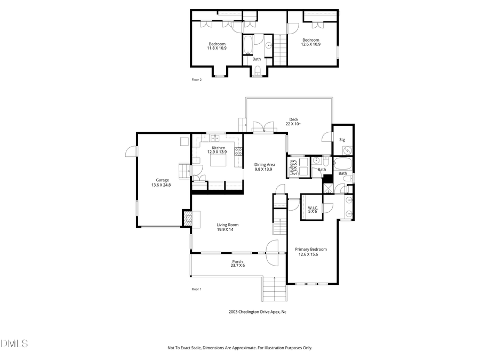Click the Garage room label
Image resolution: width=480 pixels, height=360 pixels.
pyautogui.click(x=162, y=180)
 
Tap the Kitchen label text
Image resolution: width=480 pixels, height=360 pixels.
pyautogui.click(x=219, y=148)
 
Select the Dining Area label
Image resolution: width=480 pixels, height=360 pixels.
pyautogui.click(x=265, y=165)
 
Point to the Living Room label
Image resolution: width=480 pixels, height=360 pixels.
pyautogui.click(x=227, y=225)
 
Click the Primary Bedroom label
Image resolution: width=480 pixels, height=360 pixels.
pyautogui.click(x=311, y=249)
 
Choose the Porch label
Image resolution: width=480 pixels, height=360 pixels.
pyautogui.click(x=237, y=261)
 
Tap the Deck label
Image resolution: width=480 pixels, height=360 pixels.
pyautogui.click(x=294, y=119)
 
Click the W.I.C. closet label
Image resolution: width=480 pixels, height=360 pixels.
pyautogui.click(x=313, y=207)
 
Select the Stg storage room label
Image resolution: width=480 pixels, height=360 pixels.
pyautogui.click(x=342, y=140)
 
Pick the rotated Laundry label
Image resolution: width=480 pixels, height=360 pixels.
pyautogui.click(x=292, y=166)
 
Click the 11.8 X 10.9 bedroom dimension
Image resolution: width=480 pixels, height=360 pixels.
pyautogui.click(x=217, y=48)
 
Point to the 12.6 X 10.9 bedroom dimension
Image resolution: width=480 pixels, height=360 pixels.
pyautogui.click(x=311, y=44)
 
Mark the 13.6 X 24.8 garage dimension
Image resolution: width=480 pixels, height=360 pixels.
pyautogui.click(x=162, y=185)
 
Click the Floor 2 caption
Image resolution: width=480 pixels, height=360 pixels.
pyautogui.click(x=197, y=79)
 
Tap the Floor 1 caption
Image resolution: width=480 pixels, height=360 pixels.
pyautogui.click(x=197, y=289)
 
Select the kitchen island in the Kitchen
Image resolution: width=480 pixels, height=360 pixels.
pyautogui.click(x=218, y=159)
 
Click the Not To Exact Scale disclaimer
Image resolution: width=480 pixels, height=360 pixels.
pyautogui.click(x=240, y=348)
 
